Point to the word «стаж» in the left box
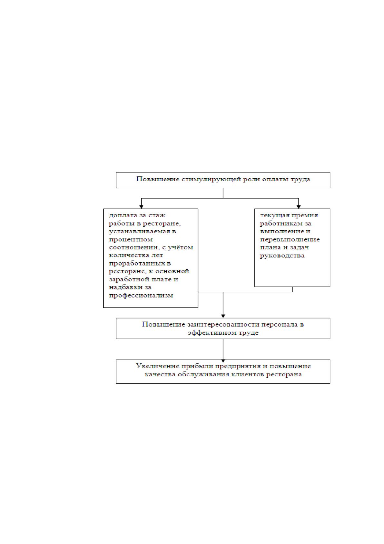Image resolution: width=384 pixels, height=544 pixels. pyautogui.click(x=157, y=215)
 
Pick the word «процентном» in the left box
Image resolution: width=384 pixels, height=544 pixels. pyautogui.click(x=131, y=240)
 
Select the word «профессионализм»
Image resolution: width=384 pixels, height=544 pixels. pyautogui.click(x=141, y=296)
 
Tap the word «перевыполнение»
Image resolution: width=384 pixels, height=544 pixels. pyautogui.click(x=290, y=240)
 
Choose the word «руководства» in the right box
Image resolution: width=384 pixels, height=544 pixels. pyautogui.click(x=282, y=256)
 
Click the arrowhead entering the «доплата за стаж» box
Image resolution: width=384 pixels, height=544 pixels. pyautogui.click(x=141, y=207)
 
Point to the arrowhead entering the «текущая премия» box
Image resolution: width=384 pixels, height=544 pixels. pyautogui.click(x=299, y=207)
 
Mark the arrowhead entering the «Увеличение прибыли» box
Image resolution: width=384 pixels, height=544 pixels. pyautogui.click(x=223, y=361)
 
